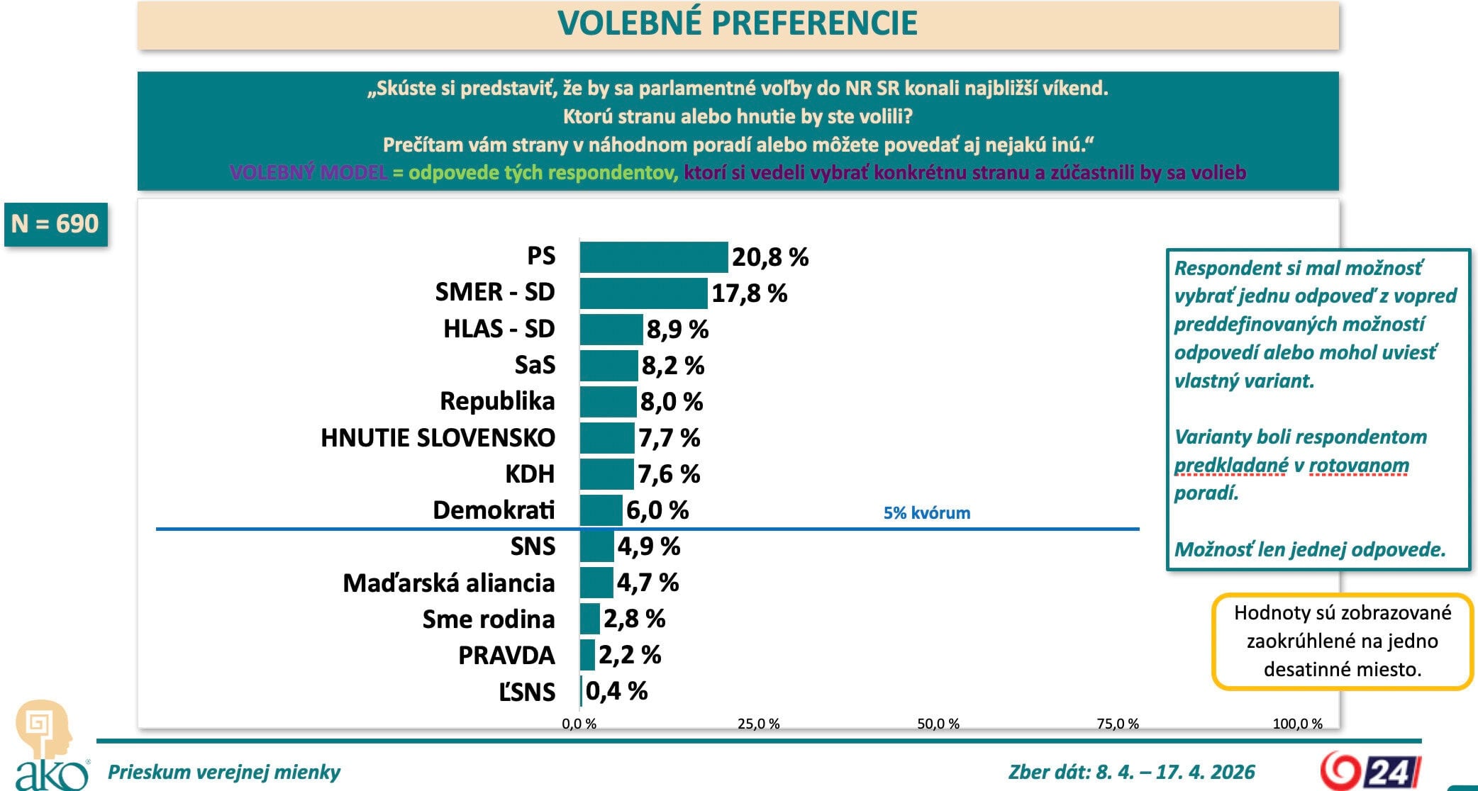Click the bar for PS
click(653, 257)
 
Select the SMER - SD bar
click(643, 293)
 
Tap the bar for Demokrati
click(601, 510)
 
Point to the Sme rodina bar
click(590, 619)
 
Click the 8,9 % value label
click(677, 330)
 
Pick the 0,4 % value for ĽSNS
click(616, 691)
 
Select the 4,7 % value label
click(648, 583)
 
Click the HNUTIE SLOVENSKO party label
click(438, 438)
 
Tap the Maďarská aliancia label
click(448, 583)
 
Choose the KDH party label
click(529, 474)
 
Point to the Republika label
click(496, 401)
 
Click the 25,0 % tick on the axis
click(758, 724)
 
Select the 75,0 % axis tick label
click(1117, 724)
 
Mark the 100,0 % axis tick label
click(1297, 724)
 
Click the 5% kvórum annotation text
click(926, 512)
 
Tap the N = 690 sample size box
click(55, 224)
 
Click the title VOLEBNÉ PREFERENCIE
click(738, 23)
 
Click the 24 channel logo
click(1369, 770)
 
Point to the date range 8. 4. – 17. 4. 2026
click(1175, 771)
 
